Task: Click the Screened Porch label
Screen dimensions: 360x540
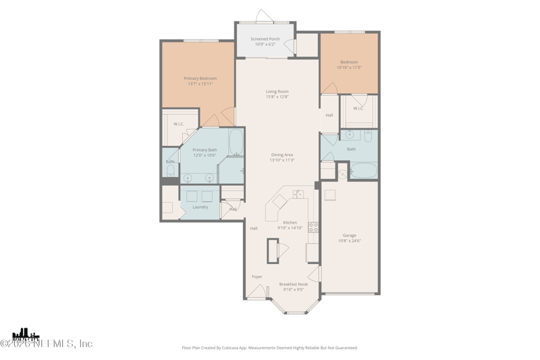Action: (265, 39)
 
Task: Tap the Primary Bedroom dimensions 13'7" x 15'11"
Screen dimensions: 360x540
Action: (200, 84)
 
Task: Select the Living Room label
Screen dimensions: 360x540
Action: (277, 91)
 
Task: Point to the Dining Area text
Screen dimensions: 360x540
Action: (282, 155)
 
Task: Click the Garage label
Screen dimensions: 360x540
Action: (349, 235)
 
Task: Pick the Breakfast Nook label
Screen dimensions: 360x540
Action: (294, 284)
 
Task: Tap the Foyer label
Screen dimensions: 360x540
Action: (257, 277)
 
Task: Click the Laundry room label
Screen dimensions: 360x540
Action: (200, 207)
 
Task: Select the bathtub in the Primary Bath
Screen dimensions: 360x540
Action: (236, 143)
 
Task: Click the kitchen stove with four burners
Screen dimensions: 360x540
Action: (313, 227)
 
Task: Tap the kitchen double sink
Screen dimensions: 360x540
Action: (298, 195)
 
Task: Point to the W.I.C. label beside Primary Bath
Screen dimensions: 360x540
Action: (179, 124)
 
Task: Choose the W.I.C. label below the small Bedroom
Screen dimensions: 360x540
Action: (358, 109)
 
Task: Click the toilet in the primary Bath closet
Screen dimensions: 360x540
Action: (170, 170)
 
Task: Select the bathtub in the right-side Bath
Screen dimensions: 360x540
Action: (364, 170)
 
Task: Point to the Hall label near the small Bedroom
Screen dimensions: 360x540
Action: (329, 115)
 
